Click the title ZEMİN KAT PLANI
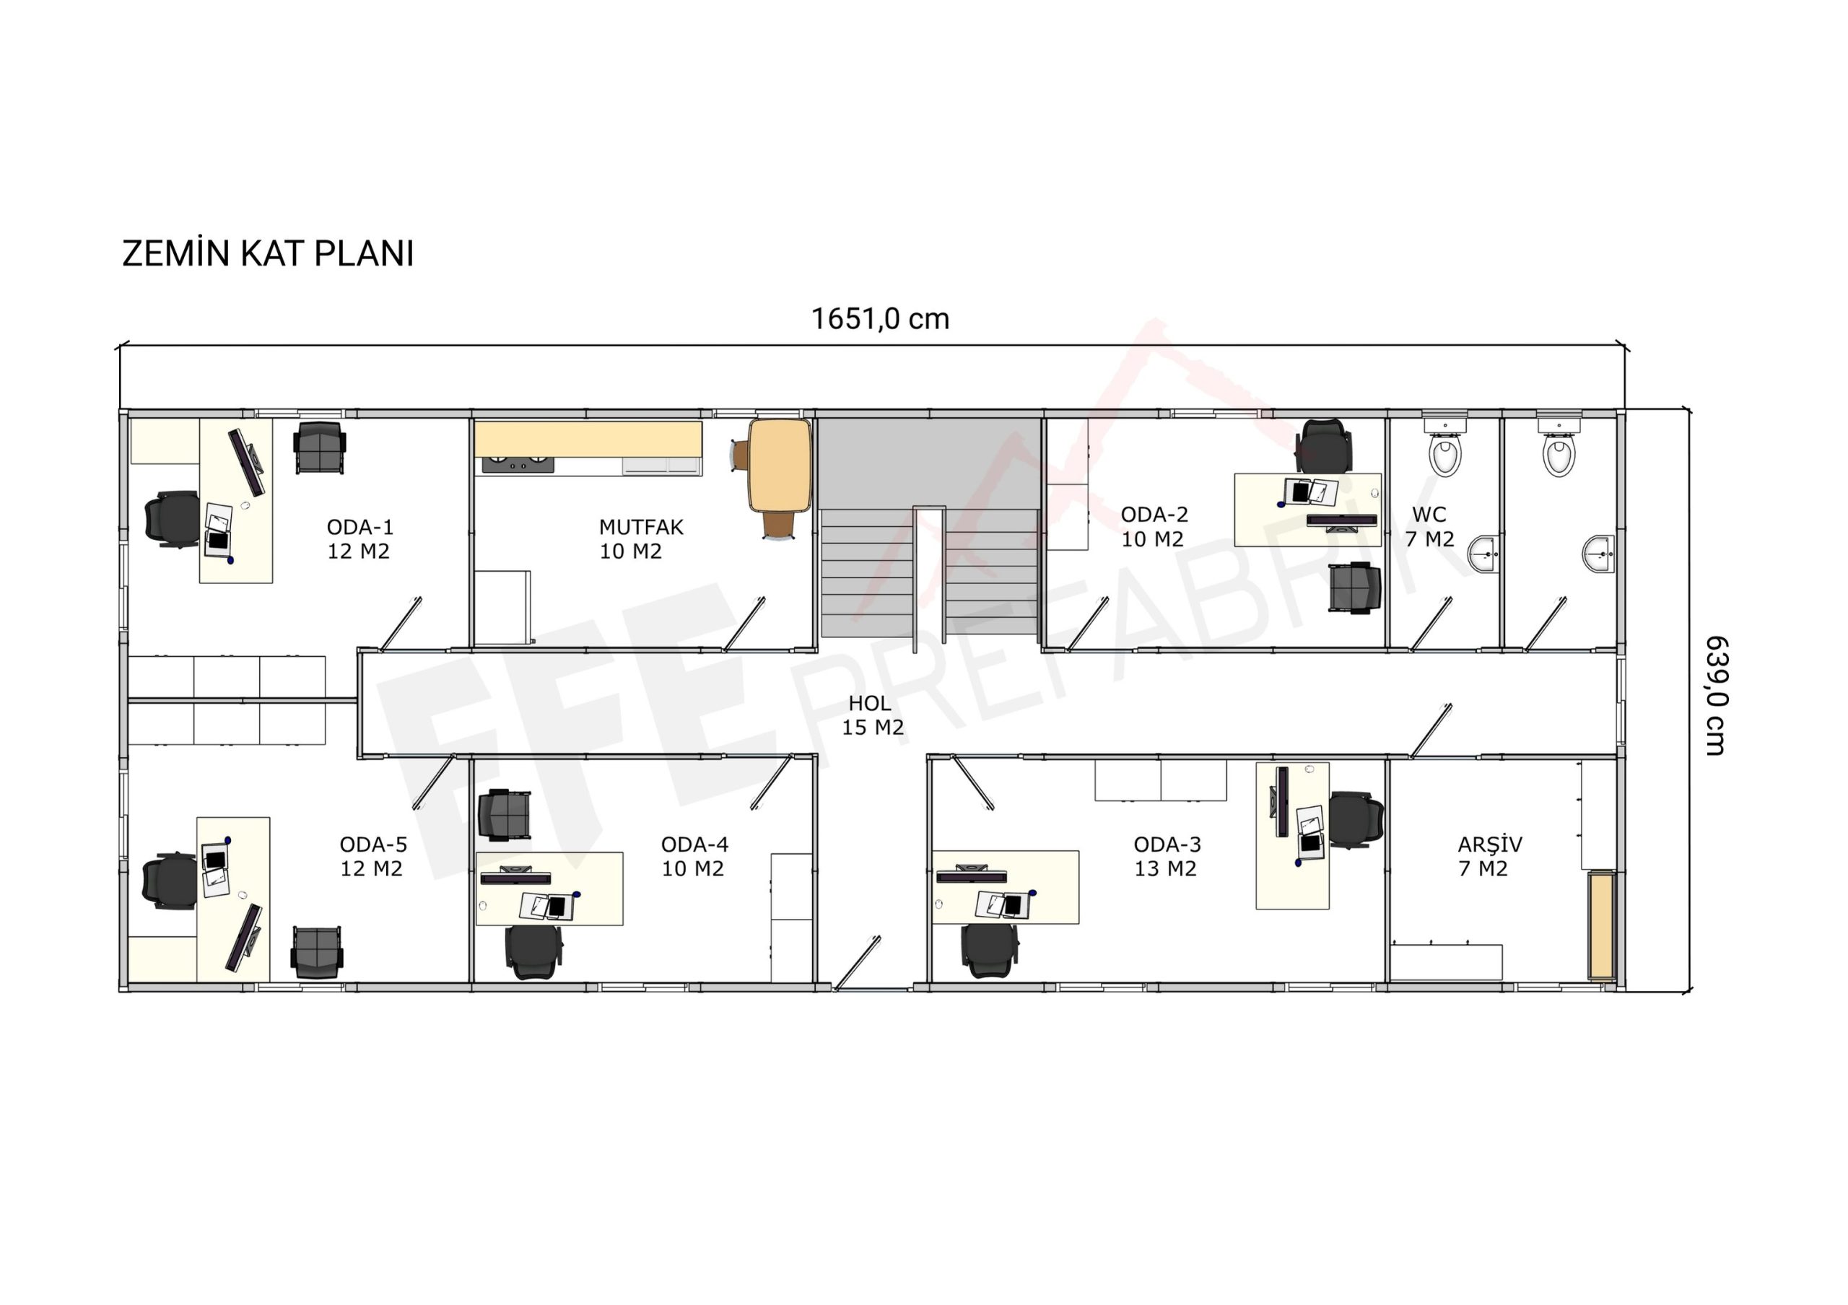tap(268, 253)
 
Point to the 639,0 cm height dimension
tap(1716, 695)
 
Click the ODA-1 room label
tap(359, 527)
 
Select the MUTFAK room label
tap(641, 527)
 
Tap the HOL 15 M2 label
tap(873, 715)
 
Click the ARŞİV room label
tap(1490, 844)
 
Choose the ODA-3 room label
tap(1167, 844)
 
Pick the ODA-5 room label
tap(373, 844)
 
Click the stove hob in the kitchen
tap(518, 464)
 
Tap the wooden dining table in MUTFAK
tap(779, 465)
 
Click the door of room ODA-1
tap(401, 624)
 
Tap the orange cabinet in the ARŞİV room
tap(1601, 926)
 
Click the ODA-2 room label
tap(1154, 514)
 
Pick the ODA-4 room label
tap(694, 844)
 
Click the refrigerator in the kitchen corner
tap(502, 608)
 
